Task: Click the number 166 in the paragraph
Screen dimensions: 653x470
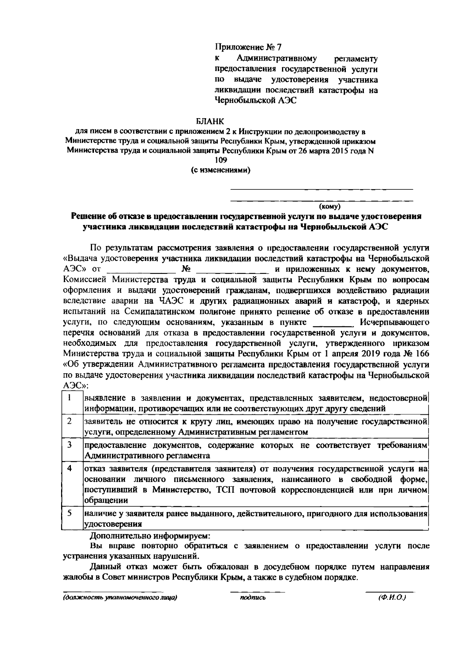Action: pos(422,354)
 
